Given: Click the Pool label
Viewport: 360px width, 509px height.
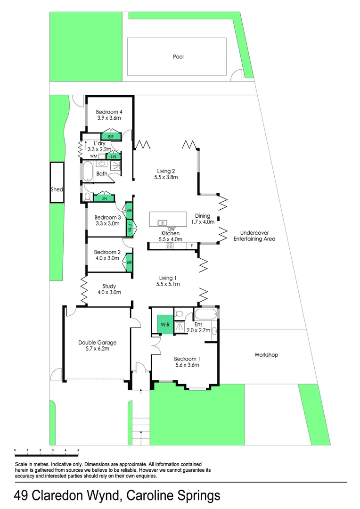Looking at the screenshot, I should [x=178, y=57].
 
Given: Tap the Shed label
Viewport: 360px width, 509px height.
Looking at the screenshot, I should [x=57, y=189].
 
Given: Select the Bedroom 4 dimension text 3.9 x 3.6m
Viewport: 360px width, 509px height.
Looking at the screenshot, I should [x=109, y=118].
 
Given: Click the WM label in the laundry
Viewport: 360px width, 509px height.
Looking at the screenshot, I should [x=93, y=156].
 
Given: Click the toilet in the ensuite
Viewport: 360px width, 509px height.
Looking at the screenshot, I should [x=179, y=313].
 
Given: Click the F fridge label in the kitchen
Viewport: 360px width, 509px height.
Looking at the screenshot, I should [x=191, y=246].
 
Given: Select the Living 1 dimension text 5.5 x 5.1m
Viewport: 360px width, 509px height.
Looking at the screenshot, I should [x=168, y=284].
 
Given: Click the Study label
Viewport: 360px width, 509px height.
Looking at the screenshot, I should [x=109, y=286].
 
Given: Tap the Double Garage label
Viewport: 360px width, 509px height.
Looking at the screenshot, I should [x=97, y=343].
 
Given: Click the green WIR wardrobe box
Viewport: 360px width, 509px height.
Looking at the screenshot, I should [x=165, y=324].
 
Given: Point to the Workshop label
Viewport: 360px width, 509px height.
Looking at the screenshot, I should [x=266, y=354].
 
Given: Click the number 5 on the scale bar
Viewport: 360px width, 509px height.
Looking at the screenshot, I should [x=78, y=451].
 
